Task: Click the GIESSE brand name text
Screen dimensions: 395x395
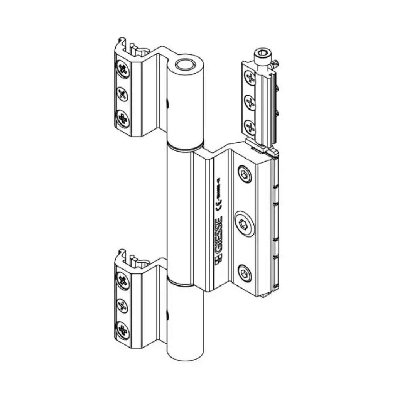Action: [x=218, y=235]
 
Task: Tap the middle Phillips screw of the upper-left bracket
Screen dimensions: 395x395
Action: [x=122, y=93]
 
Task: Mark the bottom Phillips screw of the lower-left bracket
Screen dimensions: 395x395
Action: [x=123, y=329]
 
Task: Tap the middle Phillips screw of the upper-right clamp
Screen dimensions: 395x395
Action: [x=250, y=102]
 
